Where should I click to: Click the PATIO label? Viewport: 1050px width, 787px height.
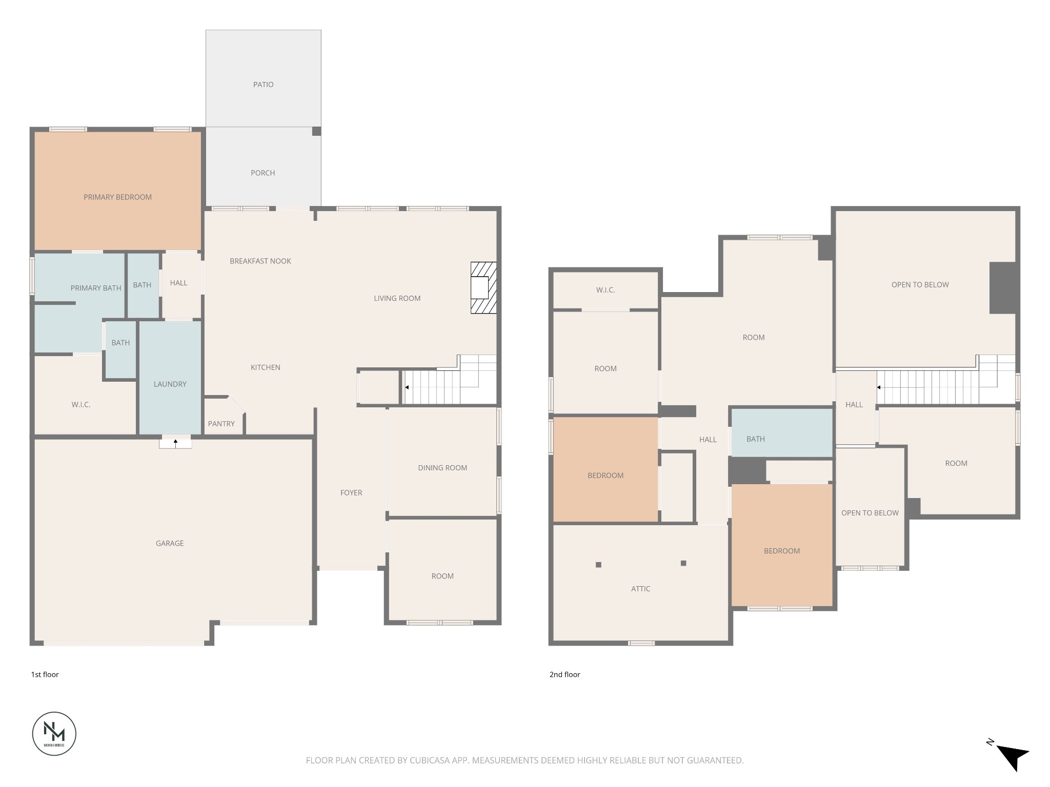click(x=263, y=85)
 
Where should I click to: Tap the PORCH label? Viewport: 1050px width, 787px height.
click(x=263, y=173)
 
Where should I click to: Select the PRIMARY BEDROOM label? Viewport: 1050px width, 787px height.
click(x=117, y=197)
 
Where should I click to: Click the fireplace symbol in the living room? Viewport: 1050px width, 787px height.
click(x=483, y=288)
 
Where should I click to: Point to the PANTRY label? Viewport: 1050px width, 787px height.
click(x=221, y=424)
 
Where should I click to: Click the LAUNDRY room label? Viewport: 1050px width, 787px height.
click(x=170, y=384)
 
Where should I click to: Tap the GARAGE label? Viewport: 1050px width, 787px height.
click(x=170, y=543)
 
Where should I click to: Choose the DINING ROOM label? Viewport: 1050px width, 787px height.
click(x=442, y=468)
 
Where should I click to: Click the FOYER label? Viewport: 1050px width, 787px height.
click(x=351, y=493)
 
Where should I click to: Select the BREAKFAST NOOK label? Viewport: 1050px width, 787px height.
click(x=260, y=261)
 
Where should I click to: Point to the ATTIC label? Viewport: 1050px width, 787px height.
click(x=640, y=589)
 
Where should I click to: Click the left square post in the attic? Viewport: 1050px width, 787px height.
click(x=598, y=565)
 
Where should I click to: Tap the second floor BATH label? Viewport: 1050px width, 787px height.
click(x=756, y=439)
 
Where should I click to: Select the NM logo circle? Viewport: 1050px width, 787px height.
click(x=54, y=734)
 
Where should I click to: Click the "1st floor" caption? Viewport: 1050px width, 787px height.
click(x=45, y=674)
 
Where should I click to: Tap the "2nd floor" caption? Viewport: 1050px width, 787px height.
click(x=564, y=674)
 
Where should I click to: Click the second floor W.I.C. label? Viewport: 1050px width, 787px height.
click(x=605, y=290)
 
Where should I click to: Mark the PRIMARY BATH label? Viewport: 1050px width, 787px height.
click(x=96, y=288)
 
